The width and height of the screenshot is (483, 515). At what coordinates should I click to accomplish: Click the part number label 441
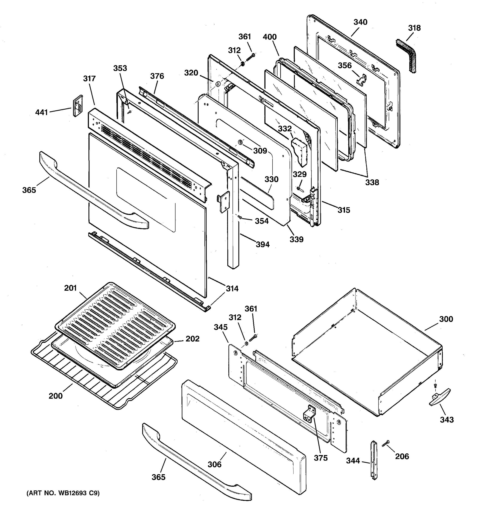coord(41,112)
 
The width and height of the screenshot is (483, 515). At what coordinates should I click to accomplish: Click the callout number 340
coord(360,22)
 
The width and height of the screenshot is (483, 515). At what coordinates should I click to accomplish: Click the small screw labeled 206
coord(385,443)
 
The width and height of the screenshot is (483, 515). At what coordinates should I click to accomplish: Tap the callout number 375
coord(321,458)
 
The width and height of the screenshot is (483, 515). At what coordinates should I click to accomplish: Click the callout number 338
coord(372,182)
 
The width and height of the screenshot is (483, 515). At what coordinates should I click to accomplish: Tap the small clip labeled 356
coord(361,80)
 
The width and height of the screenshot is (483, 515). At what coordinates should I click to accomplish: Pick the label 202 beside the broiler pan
coord(192,339)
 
